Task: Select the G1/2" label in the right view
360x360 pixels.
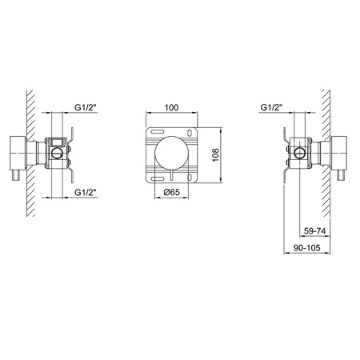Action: click(x=274, y=106)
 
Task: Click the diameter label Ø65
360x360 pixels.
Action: click(x=170, y=193)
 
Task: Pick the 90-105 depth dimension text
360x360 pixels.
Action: click(x=307, y=249)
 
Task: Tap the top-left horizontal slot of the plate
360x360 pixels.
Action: click(x=157, y=131)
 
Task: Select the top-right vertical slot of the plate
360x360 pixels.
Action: click(x=189, y=132)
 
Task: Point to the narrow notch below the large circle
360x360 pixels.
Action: click(x=170, y=174)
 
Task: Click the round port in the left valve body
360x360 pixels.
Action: click(x=58, y=152)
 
